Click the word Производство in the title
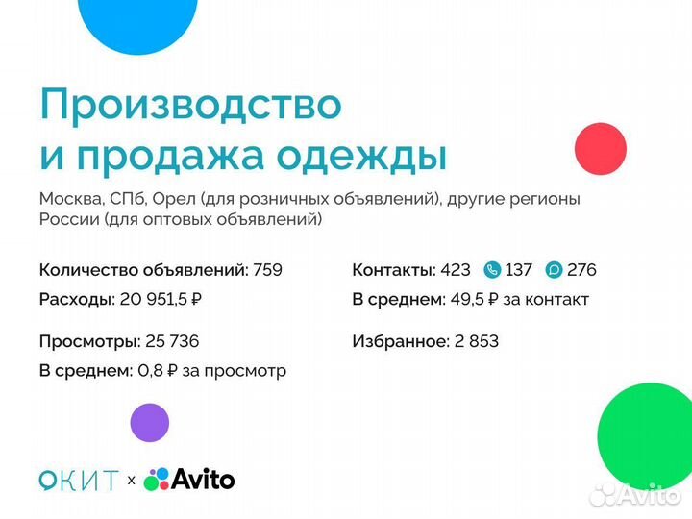coord(190,104)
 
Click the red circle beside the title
coord(600,149)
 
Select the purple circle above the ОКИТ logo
coord(149,422)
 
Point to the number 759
coord(267,270)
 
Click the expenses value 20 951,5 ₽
coord(161,299)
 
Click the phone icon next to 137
coord(493,270)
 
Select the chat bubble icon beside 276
coord(554,270)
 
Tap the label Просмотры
coord(88,341)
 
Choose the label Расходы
coord(77,299)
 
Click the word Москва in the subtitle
coord(70,200)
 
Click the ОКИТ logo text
coord(79,480)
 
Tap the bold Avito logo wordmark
coord(203,479)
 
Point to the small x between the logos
coord(131,480)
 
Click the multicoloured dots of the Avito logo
coord(156,479)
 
